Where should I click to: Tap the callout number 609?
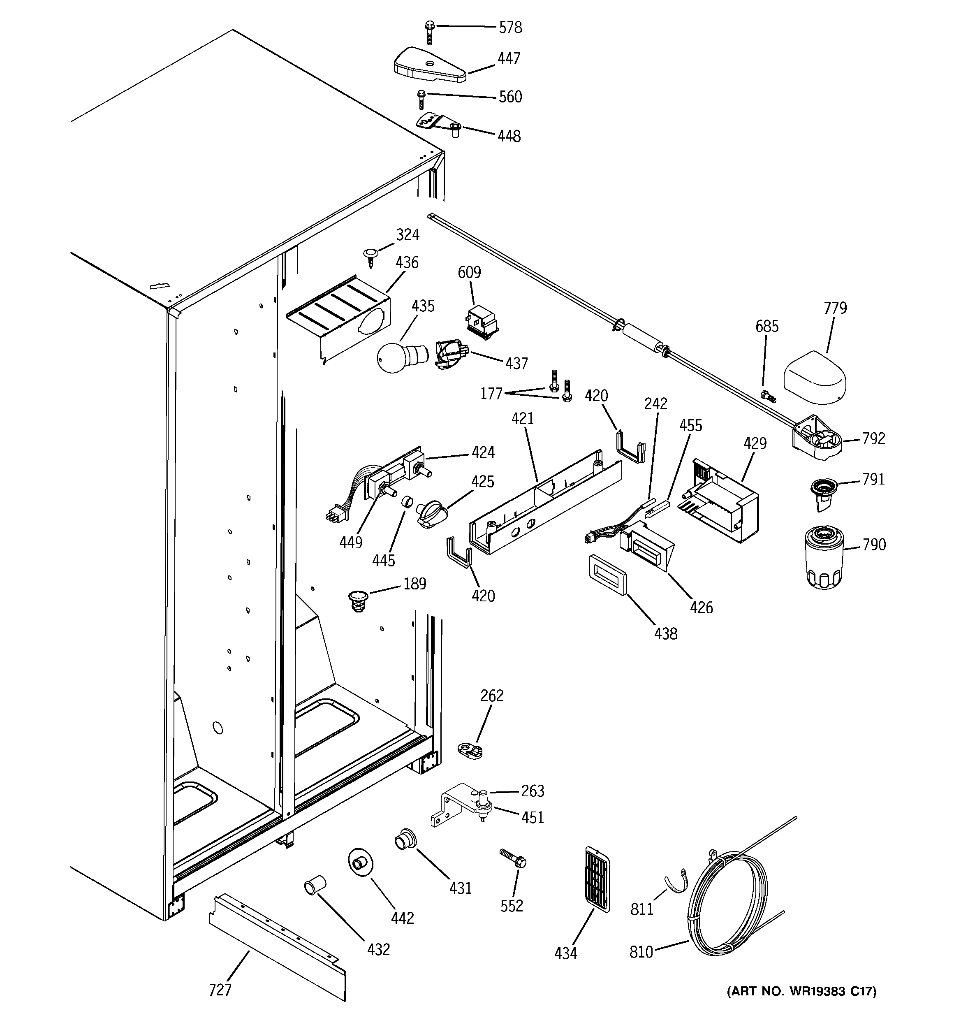469,272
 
